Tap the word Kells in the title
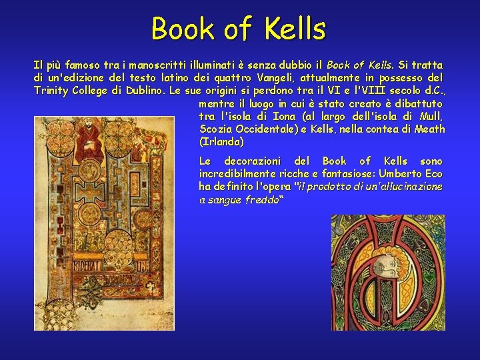point(295,29)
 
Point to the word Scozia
point(216,129)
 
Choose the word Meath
point(429,129)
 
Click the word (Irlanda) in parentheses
point(221,142)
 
